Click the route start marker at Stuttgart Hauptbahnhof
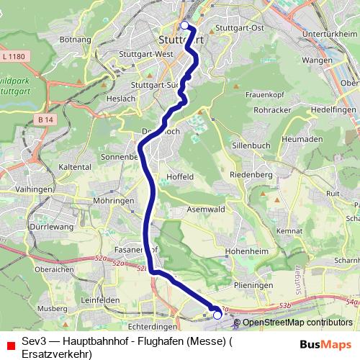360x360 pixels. click(184, 26)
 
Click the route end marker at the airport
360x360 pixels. click(217, 314)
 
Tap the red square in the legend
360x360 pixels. click(9, 345)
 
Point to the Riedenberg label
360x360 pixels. click(250, 175)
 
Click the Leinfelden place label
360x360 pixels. click(100, 300)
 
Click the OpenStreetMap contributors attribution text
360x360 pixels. click(297, 323)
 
